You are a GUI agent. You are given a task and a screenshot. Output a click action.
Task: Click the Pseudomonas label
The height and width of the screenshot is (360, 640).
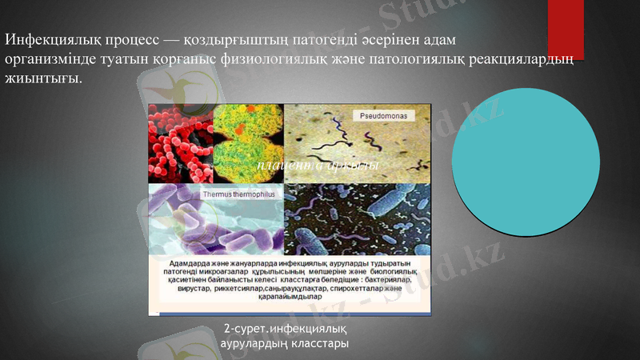tap(382, 116)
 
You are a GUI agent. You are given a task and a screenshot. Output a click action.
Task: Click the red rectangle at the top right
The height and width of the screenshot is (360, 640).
tap(566, 30)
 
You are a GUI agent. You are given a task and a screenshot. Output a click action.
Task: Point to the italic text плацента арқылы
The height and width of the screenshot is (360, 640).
tap(317, 165)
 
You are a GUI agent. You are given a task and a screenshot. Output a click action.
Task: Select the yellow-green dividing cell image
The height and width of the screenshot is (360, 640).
tap(244, 142)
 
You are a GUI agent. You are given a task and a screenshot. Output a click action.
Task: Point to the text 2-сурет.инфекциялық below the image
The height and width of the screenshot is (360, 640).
tap(284, 328)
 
